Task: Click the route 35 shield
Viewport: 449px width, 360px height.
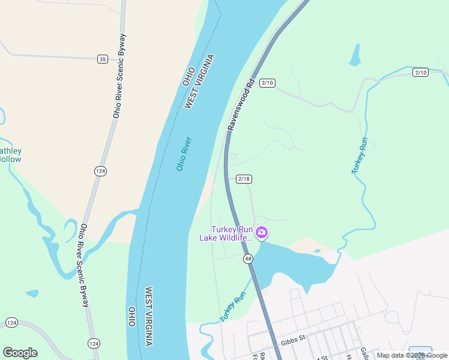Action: point(103,59)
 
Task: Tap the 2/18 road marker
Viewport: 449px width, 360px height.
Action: point(244,179)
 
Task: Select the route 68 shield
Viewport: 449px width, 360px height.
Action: point(248,259)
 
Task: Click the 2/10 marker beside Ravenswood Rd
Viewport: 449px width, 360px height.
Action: point(267,83)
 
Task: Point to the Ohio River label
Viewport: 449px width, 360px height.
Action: point(184,154)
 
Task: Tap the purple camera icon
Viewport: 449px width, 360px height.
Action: point(262,232)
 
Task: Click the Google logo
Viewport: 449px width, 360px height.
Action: point(20,353)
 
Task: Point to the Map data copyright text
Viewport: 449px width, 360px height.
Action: point(412,355)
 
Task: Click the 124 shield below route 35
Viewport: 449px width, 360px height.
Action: point(100,172)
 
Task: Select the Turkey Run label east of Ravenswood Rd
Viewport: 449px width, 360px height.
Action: point(359,156)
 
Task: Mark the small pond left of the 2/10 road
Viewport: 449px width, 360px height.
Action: point(355,55)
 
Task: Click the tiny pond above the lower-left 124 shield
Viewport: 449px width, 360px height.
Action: point(32,294)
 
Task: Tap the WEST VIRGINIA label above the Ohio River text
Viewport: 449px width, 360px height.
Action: point(199,82)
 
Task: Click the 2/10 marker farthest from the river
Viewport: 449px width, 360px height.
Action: point(421,73)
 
